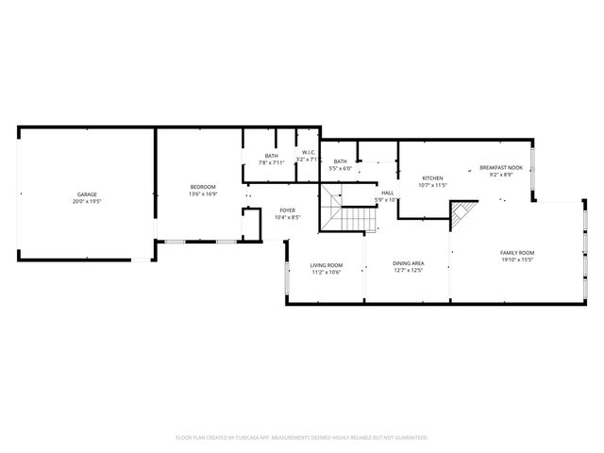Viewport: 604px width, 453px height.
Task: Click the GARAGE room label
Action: point(87,194)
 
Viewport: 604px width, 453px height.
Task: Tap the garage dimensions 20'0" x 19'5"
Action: point(87,202)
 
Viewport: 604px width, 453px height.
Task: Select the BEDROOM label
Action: point(203,187)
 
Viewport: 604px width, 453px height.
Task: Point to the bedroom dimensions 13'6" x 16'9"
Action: point(203,194)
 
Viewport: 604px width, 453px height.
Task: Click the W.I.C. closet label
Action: point(309,153)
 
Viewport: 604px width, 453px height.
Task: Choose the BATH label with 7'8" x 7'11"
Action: point(271,156)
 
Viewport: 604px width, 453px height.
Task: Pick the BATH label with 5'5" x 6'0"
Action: point(340,161)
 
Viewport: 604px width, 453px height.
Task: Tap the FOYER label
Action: point(287,210)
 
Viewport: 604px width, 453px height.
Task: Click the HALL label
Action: point(387,193)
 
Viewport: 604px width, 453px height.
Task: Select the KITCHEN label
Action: point(432,177)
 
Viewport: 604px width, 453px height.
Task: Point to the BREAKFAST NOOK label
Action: point(501,167)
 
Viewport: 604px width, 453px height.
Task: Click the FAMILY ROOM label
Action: point(517,252)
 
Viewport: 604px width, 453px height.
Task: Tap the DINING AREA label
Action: point(408,263)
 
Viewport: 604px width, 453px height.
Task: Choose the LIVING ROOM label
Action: point(327,265)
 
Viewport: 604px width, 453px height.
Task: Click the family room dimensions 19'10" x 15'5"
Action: point(517,260)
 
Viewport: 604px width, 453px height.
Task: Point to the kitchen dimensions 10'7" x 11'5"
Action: point(432,185)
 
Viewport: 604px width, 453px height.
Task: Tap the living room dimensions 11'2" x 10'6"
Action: point(327,273)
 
